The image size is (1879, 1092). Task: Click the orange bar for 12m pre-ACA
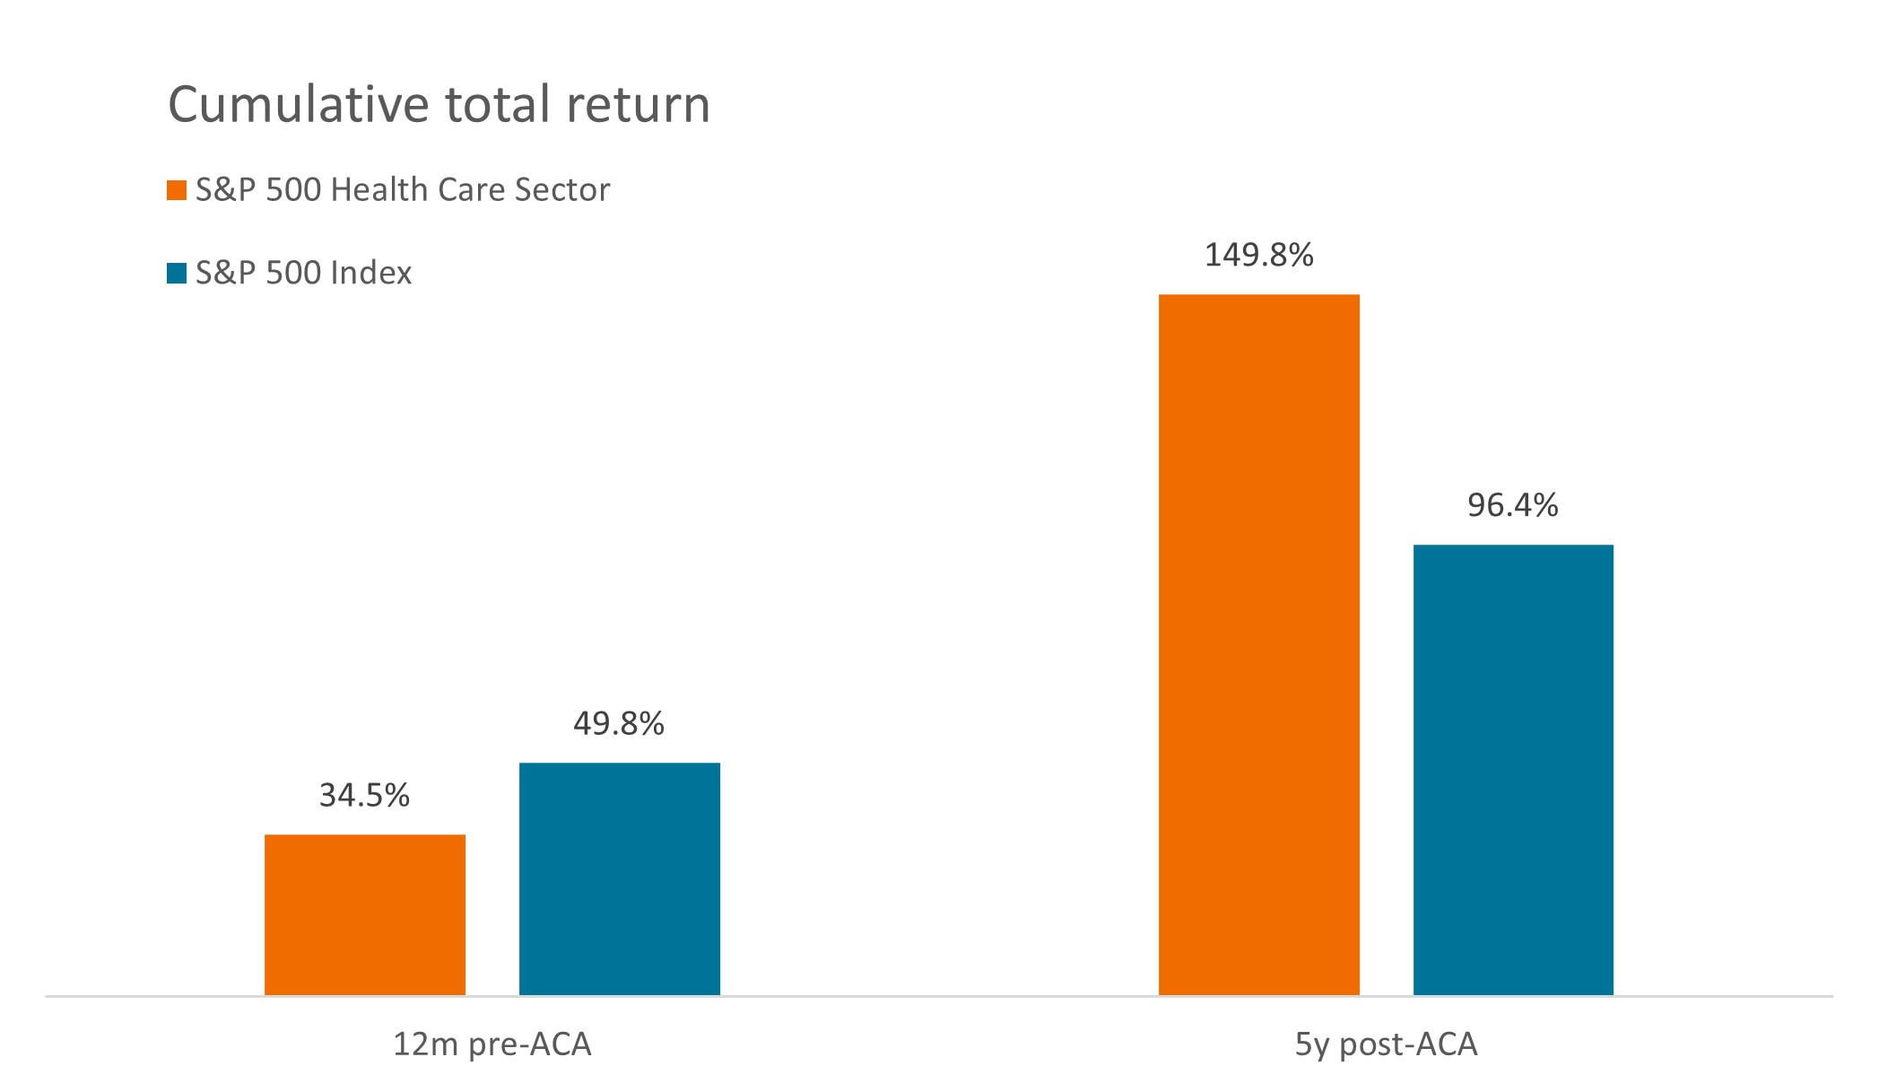(364, 914)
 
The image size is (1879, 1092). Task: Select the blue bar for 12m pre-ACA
(619, 878)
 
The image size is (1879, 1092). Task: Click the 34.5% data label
(364, 795)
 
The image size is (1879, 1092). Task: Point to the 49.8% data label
(619, 723)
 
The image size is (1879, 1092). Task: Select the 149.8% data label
(1258, 256)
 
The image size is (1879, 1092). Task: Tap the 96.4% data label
(1512, 506)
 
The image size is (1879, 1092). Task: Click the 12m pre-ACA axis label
(492, 1044)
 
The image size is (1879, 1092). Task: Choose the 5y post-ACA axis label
(1386, 1044)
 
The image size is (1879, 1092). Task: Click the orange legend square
(177, 190)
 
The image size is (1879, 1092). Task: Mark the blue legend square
(177, 273)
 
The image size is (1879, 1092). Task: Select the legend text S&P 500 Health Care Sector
(403, 190)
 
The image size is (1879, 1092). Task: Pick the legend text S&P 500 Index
(303, 273)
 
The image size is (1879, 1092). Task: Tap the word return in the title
(638, 104)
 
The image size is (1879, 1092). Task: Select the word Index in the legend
(371, 273)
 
